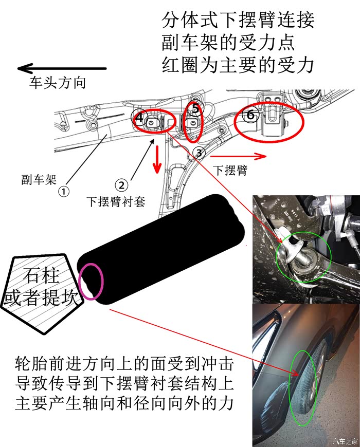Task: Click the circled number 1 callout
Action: pos(64,191)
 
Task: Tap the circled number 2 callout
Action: pos(121,185)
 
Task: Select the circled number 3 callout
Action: pos(199,154)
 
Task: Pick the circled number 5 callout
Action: pos(196,108)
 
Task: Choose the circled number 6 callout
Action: pos(250,115)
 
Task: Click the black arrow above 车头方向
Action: pos(62,68)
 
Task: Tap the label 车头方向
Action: pos(57,83)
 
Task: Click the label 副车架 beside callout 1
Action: pos(39,180)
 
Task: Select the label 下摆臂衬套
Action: pos(116,201)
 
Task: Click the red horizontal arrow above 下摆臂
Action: pos(238,156)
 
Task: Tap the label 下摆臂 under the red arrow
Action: pos(230,171)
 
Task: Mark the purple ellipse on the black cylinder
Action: pos(91,282)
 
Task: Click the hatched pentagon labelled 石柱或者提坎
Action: pos(42,293)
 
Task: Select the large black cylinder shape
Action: pos(161,249)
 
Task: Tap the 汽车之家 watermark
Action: pos(346,441)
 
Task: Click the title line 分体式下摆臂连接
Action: pos(238,20)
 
